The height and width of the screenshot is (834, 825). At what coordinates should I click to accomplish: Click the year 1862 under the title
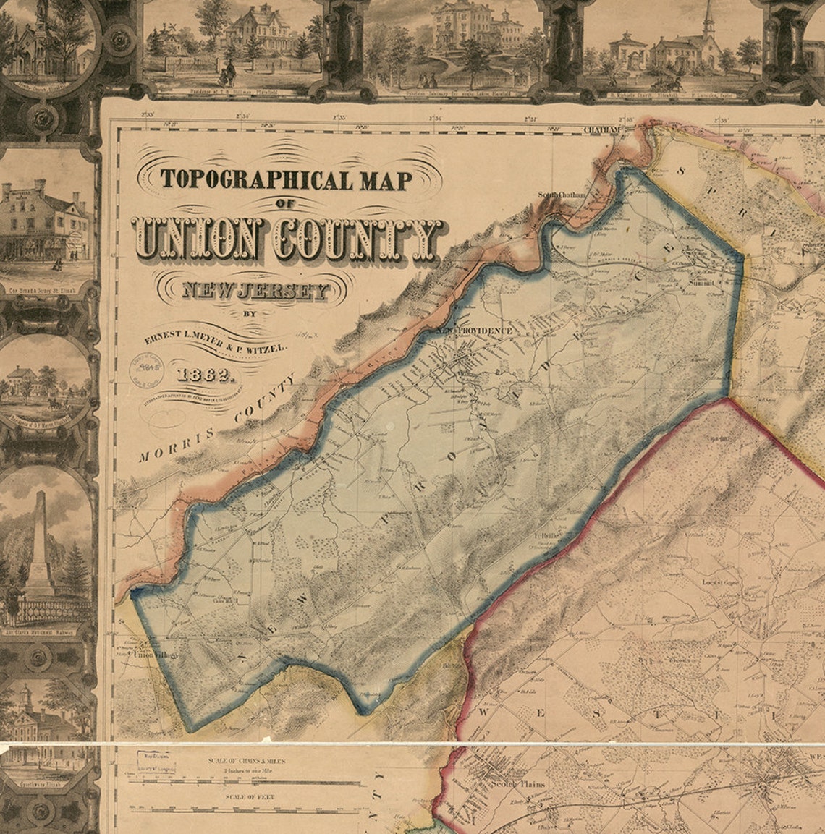click(203, 375)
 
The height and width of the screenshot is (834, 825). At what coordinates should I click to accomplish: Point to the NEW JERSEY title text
click(255, 291)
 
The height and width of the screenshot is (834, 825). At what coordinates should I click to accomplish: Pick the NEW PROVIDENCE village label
click(474, 331)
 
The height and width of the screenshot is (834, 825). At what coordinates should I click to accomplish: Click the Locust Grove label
click(719, 582)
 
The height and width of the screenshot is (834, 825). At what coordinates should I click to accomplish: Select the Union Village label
click(156, 656)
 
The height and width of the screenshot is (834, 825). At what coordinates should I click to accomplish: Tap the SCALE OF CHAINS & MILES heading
click(246, 762)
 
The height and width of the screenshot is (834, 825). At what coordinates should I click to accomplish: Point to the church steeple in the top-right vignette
click(708, 22)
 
